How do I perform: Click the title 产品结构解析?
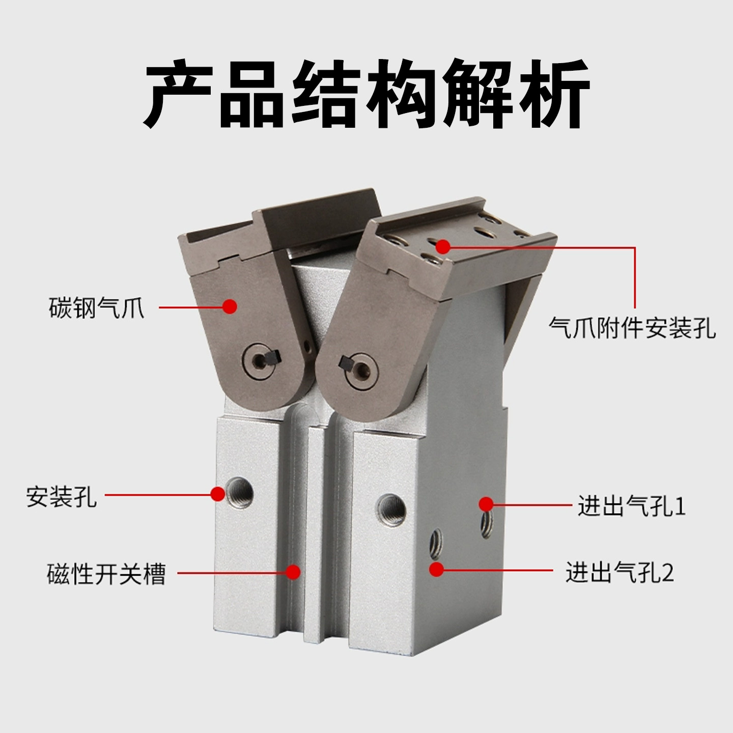click(x=366, y=94)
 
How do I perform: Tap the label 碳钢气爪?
click(x=97, y=308)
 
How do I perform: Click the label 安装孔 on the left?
click(x=61, y=496)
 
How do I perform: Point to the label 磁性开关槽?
click(x=106, y=574)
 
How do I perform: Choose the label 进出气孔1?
click(x=632, y=506)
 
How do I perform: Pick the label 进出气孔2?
click(x=619, y=572)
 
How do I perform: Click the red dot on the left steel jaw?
click(x=230, y=306)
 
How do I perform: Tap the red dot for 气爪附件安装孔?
click(x=443, y=247)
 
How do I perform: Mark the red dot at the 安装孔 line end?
click(x=218, y=493)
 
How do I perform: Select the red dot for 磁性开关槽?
click(x=293, y=572)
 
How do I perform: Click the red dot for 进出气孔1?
click(x=486, y=504)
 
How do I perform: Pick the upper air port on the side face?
click(x=487, y=524)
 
